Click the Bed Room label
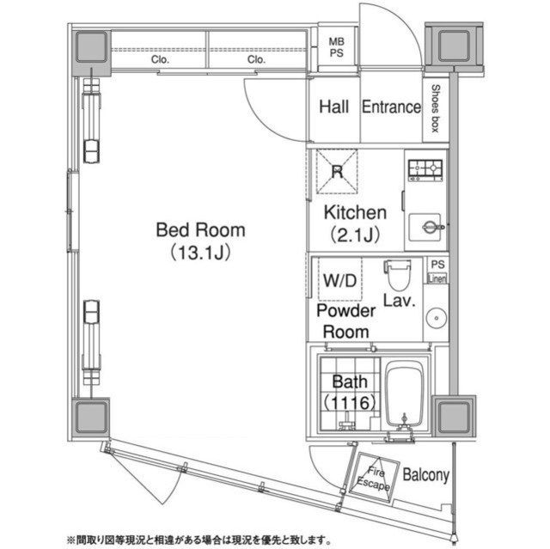pos(200,230)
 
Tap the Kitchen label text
pos(354,212)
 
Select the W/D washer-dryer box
pos(336,278)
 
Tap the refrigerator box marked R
pos(337,171)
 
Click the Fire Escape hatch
pos(375,477)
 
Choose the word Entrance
pos(390,107)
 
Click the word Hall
pos(333,107)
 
